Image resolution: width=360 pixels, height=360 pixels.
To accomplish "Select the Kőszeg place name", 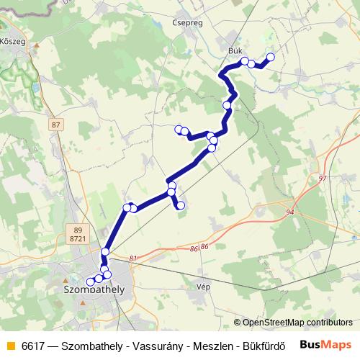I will coord(14,42).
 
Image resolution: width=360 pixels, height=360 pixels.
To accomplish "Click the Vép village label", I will coord(203,286).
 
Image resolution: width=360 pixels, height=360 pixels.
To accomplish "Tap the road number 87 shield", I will coord(56,125).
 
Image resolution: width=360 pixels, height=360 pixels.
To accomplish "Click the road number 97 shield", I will coord(322,177).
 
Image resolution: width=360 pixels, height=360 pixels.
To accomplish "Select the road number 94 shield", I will coord(290,212).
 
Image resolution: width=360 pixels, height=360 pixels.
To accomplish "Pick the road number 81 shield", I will coord(133,258).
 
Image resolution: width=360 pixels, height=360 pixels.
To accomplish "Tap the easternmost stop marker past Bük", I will coord(271,57).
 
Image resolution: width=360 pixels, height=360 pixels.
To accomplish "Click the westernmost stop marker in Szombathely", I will coord(90,281).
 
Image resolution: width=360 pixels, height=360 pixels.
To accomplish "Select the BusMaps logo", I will coord(325,344).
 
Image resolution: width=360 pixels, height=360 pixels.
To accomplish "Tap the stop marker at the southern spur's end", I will coord(181,206).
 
